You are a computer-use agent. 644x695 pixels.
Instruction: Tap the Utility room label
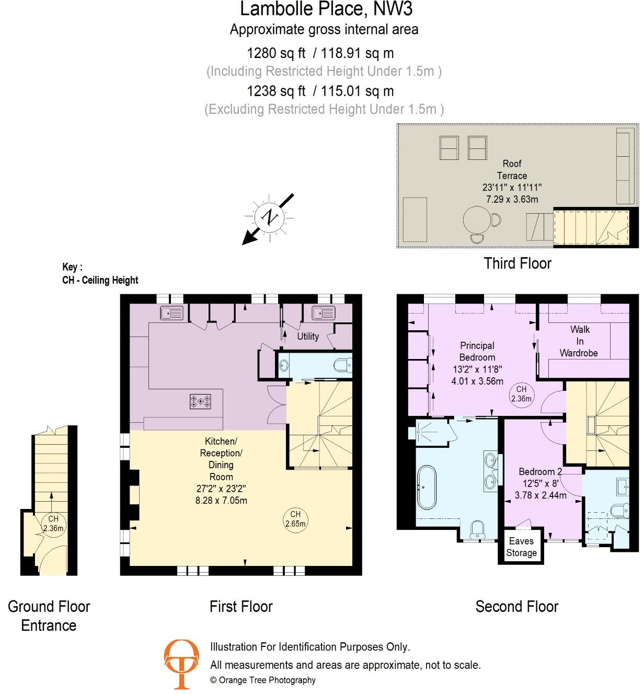(x=308, y=337)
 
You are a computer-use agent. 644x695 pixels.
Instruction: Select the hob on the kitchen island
(x=201, y=402)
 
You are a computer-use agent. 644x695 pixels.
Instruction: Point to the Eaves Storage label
(x=521, y=547)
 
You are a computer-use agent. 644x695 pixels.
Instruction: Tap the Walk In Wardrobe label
(x=579, y=341)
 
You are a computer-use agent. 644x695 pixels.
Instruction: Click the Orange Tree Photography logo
(x=181, y=664)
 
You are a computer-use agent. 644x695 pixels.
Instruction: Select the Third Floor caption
(x=517, y=263)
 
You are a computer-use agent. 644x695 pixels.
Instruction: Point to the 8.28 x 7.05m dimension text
(x=221, y=501)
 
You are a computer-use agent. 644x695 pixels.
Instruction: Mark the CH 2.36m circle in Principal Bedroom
(x=521, y=393)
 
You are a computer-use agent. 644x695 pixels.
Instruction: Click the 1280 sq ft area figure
(x=276, y=53)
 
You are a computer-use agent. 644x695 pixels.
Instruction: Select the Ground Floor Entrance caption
(x=49, y=616)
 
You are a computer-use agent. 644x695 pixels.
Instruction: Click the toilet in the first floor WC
(x=343, y=364)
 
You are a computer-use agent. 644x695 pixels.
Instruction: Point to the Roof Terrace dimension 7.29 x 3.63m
(x=512, y=199)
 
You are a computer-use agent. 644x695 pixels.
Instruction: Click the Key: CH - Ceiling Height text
(x=100, y=274)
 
